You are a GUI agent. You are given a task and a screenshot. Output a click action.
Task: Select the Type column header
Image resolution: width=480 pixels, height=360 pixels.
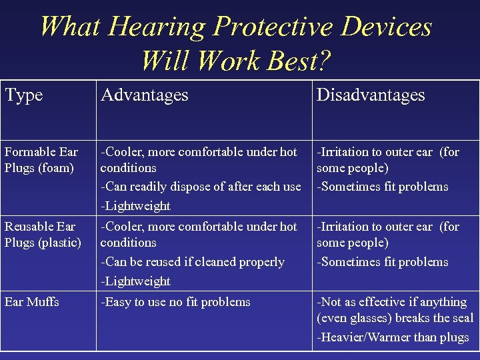click(24, 95)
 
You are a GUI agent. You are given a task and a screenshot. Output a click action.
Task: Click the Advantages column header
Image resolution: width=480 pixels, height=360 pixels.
click(145, 95)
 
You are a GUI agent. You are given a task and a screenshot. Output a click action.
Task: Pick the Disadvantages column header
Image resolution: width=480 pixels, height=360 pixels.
click(371, 95)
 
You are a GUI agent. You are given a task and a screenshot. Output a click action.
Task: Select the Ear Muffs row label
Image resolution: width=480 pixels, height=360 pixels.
click(32, 302)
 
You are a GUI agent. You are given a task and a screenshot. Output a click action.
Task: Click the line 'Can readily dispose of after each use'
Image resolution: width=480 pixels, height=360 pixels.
click(201, 187)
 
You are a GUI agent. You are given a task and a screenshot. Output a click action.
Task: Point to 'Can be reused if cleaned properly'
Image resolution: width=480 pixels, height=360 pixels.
click(193, 262)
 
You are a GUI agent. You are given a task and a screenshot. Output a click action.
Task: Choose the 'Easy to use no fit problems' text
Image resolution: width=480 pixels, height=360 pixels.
click(176, 302)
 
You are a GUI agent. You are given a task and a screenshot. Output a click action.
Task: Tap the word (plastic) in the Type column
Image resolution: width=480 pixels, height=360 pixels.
click(59, 243)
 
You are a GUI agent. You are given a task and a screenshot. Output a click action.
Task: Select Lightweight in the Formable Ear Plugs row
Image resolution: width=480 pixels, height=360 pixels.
click(136, 206)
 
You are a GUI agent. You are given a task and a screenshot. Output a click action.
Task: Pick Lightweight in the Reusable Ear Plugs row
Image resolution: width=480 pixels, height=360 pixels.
click(136, 281)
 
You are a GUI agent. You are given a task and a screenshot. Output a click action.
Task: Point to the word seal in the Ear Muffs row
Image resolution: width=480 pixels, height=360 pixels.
click(462, 319)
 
